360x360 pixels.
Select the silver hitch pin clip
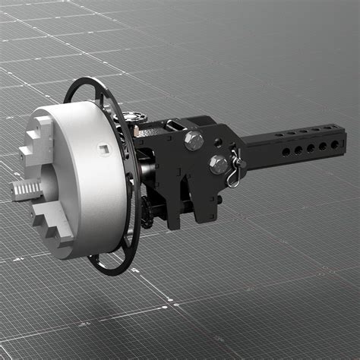click(x=237, y=168)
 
